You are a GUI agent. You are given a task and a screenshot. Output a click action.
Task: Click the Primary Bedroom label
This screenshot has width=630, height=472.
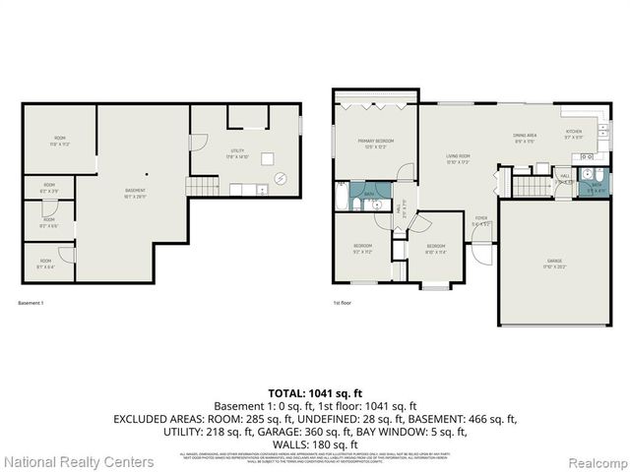coord(375,144)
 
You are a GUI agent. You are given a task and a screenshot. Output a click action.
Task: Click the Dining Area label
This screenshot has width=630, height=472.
coord(524,139)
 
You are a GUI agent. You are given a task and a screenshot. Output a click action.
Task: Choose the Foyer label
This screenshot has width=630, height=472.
coord(481,221)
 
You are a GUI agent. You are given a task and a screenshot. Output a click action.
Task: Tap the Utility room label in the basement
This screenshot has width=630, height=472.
coord(236,153)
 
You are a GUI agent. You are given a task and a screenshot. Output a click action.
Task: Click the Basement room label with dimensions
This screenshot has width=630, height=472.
coord(135,193)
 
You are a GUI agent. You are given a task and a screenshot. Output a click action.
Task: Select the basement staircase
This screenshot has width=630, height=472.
coord(204,185)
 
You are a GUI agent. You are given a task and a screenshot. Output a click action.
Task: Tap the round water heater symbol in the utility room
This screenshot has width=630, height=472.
coord(281,179)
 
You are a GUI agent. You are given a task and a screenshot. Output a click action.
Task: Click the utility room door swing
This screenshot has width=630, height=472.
coord(198,143)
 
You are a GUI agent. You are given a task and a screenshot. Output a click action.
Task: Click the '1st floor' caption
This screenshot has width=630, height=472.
coord(343,303)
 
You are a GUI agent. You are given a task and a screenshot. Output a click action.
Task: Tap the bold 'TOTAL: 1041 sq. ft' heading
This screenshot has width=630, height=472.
coord(314,393)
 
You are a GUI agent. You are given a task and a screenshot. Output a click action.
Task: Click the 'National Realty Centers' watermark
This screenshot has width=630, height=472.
coord(79,461)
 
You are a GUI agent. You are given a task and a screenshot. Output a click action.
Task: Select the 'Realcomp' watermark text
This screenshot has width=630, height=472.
coord(593,461)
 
